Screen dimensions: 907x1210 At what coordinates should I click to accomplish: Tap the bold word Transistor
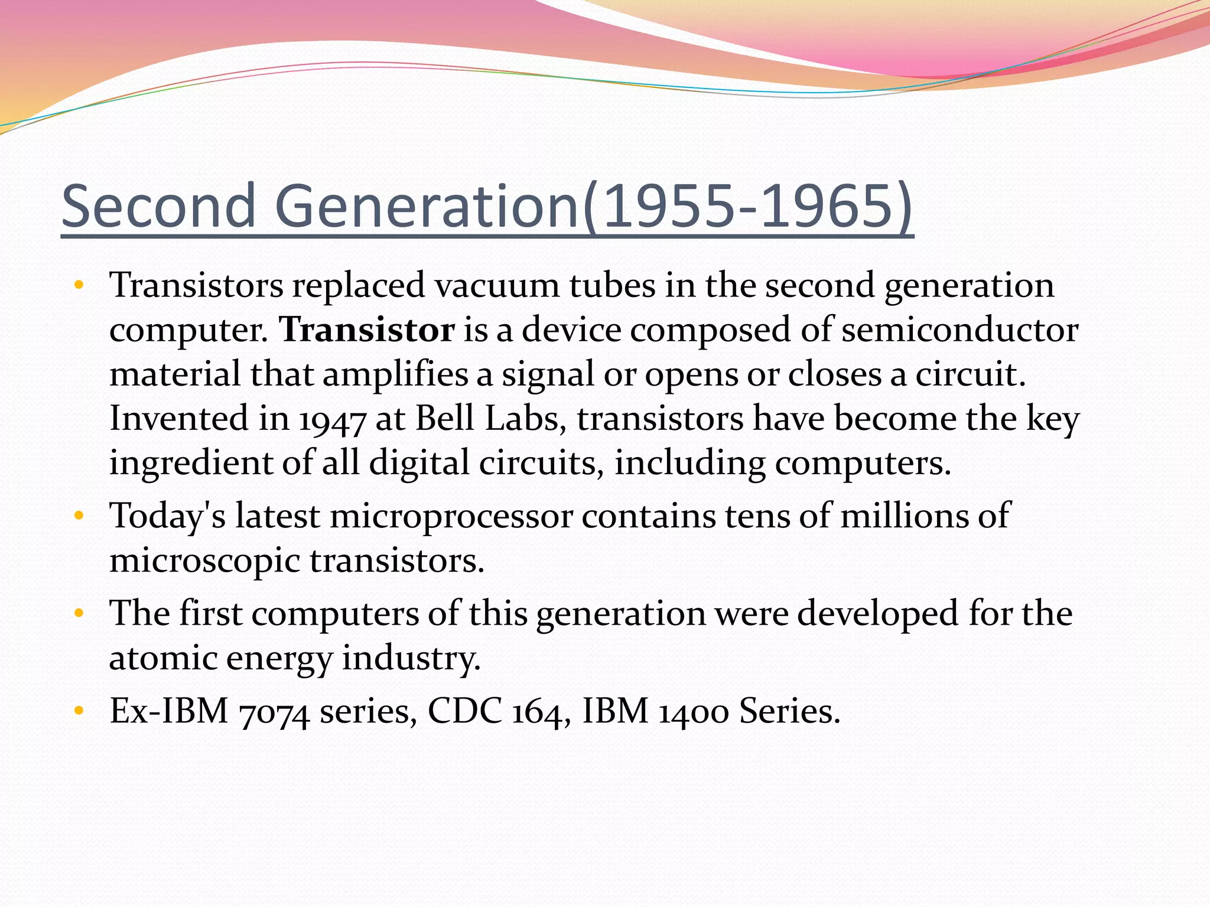(367, 329)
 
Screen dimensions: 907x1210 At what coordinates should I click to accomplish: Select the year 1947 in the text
(332, 419)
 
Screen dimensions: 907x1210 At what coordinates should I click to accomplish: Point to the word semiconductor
(959, 329)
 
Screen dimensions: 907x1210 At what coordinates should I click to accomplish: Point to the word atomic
(163, 658)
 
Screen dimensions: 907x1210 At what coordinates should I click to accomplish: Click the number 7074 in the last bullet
(274, 712)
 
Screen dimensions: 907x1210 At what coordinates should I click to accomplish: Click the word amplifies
(395, 374)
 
